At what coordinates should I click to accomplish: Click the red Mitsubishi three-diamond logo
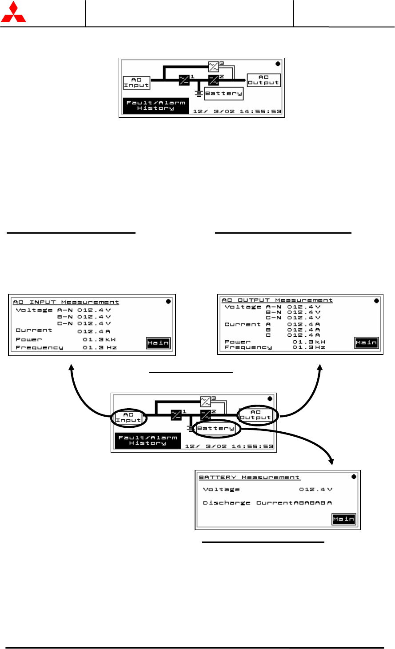tap(13, 13)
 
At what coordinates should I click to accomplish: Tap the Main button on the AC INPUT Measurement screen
tap(158, 343)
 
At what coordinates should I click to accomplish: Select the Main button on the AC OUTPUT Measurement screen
tap(366, 342)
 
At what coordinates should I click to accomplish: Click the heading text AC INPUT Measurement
tap(66, 302)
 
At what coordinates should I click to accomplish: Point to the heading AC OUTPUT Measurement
tap(277, 300)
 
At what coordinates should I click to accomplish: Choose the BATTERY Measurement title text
tap(249, 477)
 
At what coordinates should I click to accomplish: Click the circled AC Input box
tap(128, 417)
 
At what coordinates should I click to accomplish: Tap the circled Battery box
tap(215, 428)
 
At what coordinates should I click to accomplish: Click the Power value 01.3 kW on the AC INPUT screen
tap(99, 339)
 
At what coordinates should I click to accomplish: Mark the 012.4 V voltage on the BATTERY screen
tap(315, 489)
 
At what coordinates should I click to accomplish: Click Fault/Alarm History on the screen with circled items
tap(148, 440)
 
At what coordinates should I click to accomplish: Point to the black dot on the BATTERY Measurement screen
tap(354, 477)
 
